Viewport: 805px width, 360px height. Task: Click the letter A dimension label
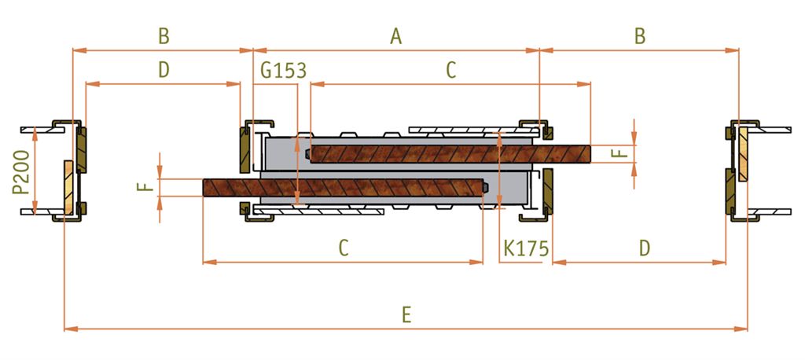pos(395,36)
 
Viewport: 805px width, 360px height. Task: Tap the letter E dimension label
pos(406,315)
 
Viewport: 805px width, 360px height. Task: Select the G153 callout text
pos(283,70)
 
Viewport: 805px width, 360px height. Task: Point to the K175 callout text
pos(526,248)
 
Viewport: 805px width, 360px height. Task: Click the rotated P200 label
pos(20,172)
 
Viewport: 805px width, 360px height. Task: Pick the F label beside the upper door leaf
pos(621,153)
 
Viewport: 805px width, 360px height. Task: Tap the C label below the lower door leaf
pos(344,248)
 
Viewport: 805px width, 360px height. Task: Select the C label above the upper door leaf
pos(450,70)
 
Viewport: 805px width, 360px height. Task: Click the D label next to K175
pos(645,248)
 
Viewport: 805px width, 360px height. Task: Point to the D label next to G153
pos(164,70)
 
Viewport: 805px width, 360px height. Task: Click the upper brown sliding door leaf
pos(450,154)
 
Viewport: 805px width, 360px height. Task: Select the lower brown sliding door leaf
pos(344,187)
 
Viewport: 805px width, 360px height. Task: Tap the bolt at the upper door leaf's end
pos(307,154)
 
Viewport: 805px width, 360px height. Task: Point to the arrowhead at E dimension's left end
pos(71,329)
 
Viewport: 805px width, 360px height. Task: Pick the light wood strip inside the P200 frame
pos(69,187)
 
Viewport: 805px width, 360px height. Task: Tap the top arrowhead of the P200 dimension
pos(35,134)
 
